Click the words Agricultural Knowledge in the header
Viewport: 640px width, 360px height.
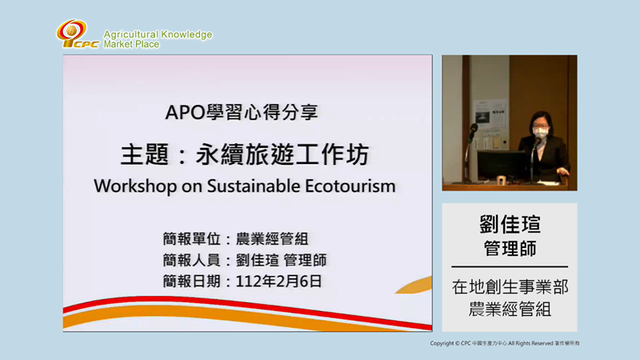pyautogui.click(x=158, y=34)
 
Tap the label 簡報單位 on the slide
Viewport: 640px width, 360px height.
pyautogui.click(x=189, y=239)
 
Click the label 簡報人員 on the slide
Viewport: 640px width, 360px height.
pyautogui.click(x=189, y=260)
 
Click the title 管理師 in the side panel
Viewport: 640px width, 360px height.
pyautogui.click(x=509, y=249)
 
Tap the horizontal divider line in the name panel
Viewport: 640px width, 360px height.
pyautogui.click(x=510, y=267)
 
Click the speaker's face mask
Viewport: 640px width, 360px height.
pyautogui.click(x=540, y=134)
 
